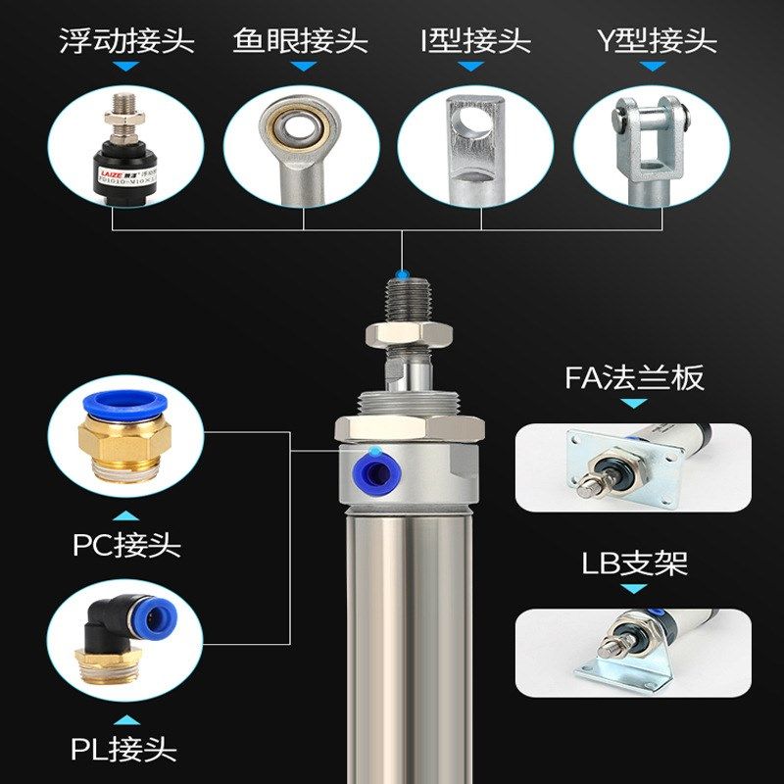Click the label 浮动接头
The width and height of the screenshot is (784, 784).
[x=126, y=41]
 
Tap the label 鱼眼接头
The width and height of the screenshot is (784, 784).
[x=301, y=41]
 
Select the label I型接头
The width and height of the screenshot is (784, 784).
[x=475, y=41]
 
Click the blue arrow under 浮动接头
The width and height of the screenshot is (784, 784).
[x=126, y=67]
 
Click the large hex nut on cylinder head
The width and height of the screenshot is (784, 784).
[x=410, y=428]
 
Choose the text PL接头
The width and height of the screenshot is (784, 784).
[x=124, y=750]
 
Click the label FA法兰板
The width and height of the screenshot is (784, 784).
[x=634, y=377]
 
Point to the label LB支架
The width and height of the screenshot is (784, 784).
[x=634, y=563]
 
